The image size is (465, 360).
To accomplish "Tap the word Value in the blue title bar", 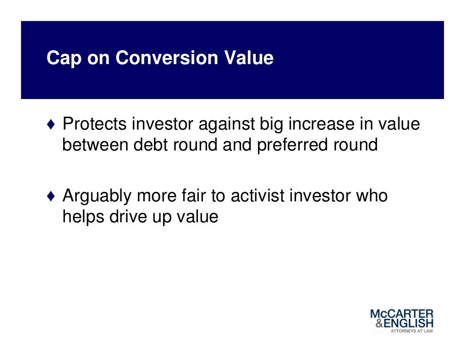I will pyautogui.click(x=250, y=58).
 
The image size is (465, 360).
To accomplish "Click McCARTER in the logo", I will pyautogui.click(x=401, y=314).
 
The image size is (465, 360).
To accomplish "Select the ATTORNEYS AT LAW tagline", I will pyautogui.click(x=412, y=331).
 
